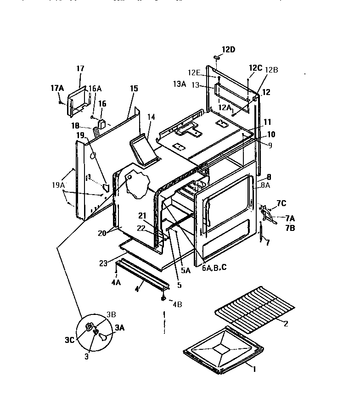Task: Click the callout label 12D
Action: [229, 50]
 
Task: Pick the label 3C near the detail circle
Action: [69, 341]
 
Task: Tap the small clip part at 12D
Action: [217, 58]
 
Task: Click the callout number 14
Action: [152, 117]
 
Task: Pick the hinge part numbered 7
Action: [262, 232]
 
